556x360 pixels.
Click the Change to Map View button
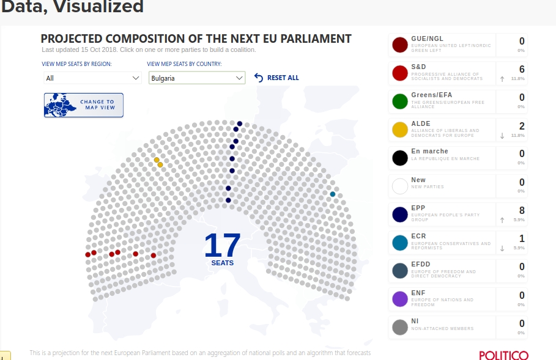(x=84, y=105)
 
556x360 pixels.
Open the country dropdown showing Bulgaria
(x=197, y=78)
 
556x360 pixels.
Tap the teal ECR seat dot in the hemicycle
(x=333, y=194)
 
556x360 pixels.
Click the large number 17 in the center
(x=223, y=245)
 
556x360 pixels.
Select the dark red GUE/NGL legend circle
(x=400, y=45)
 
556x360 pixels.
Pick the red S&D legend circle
(x=400, y=74)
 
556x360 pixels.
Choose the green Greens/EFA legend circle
(x=400, y=102)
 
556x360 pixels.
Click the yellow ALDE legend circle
(x=400, y=130)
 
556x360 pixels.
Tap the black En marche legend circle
(x=400, y=158)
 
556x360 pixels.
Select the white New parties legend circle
(x=400, y=186)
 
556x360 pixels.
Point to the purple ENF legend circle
(x=400, y=299)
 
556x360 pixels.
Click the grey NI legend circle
(x=400, y=327)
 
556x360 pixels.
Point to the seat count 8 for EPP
(x=522, y=211)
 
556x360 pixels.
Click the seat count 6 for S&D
(x=522, y=70)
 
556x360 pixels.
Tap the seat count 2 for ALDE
(x=522, y=126)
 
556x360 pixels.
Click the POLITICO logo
(x=503, y=355)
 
